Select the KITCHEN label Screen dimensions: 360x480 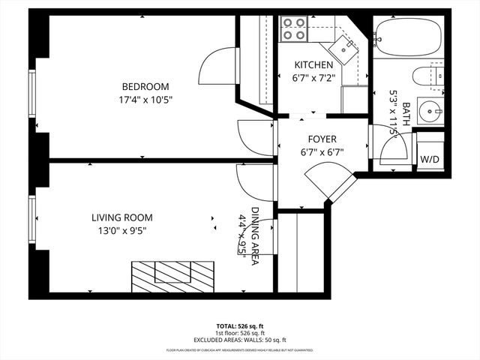[x=313, y=64]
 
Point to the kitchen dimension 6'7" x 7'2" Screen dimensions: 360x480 [x=313, y=76]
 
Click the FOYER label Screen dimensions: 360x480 [x=322, y=139]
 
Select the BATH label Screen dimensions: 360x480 [x=406, y=116]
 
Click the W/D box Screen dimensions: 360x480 [x=429, y=159]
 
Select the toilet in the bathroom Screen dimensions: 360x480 [x=428, y=78]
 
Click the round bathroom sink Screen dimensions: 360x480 [x=432, y=113]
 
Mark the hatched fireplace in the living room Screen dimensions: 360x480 [x=172, y=271]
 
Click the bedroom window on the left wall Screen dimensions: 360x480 [x=32, y=94]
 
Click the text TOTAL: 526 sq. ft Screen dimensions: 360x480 [x=240, y=326]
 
